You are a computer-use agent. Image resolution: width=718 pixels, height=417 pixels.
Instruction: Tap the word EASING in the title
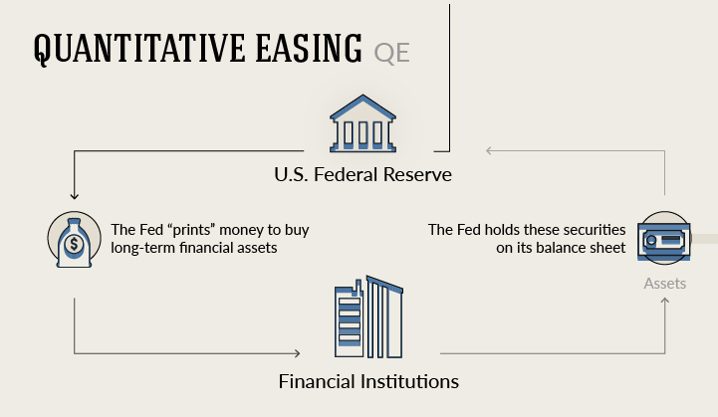tap(309, 48)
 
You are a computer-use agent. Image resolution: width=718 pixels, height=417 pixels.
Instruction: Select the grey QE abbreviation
tap(391, 53)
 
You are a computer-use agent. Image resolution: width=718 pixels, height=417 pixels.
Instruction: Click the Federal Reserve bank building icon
tap(362, 123)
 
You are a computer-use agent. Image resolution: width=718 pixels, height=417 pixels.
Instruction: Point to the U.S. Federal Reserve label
tap(362, 174)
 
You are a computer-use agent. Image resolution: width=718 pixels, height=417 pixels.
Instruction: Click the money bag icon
tap(74, 240)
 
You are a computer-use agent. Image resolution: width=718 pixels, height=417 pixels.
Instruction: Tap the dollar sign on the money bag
tap(74, 245)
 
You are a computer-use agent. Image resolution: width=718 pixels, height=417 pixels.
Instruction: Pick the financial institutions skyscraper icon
tap(368, 316)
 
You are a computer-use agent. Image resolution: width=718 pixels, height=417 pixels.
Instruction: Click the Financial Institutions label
tap(368, 381)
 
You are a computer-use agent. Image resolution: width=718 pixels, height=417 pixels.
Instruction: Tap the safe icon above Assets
tap(664, 238)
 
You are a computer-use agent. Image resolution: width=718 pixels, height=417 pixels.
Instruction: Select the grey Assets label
tap(665, 284)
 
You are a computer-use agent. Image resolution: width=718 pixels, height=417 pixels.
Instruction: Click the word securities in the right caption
tap(594, 229)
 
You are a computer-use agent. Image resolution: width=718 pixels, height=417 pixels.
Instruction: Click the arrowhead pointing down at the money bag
tap(74, 196)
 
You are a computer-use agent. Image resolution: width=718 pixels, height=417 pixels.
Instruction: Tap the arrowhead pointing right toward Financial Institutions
tap(297, 353)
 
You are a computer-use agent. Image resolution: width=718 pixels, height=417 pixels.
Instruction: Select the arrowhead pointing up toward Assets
tap(665, 301)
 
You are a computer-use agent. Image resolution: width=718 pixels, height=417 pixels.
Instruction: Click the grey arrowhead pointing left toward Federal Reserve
tap(489, 150)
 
